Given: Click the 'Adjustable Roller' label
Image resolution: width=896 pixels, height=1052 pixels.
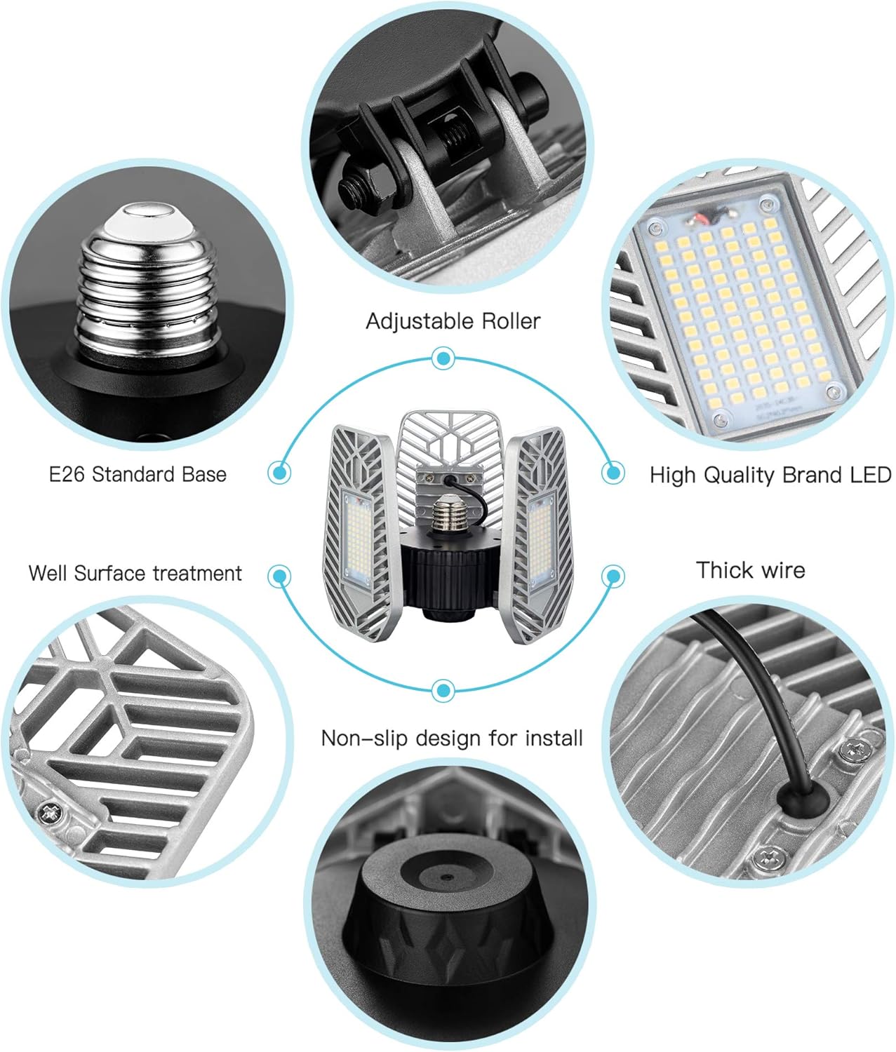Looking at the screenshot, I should [x=453, y=321].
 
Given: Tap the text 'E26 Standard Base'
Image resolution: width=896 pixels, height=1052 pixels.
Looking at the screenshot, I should [x=138, y=474].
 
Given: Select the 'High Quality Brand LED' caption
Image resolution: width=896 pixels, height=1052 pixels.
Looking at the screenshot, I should [x=770, y=475].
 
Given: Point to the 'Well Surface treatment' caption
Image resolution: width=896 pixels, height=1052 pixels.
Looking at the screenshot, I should [x=135, y=573].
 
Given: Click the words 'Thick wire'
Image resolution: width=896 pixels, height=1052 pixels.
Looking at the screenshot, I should [x=750, y=569].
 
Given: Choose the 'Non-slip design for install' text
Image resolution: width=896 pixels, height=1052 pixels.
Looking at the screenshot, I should [x=452, y=738].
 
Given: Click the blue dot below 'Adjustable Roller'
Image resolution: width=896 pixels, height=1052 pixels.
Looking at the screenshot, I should [x=442, y=359].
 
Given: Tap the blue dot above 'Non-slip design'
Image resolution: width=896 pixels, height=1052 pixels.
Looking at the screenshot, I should [x=442, y=691].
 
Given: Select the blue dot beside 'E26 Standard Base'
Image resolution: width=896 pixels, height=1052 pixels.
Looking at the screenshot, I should [x=280, y=472].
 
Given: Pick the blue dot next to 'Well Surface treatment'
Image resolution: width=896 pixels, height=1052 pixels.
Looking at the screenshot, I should [x=280, y=577].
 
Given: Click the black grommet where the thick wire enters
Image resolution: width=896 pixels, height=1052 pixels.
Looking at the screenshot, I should [x=799, y=800].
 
